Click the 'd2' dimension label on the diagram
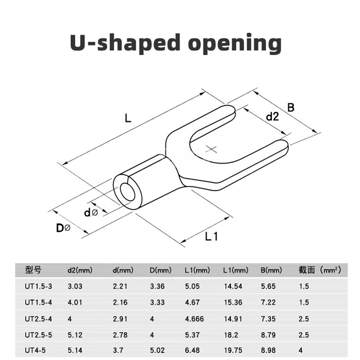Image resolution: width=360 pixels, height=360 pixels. click(x=272, y=117)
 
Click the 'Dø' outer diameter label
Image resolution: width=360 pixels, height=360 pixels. click(x=63, y=228)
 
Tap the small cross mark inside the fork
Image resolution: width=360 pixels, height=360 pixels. click(x=212, y=148)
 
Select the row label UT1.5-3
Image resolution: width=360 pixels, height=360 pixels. click(x=39, y=285)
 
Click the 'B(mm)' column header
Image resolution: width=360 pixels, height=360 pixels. click(x=271, y=270)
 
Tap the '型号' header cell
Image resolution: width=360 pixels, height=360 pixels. click(x=33, y=270)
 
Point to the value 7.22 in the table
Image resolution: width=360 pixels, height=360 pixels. click(x=268, y=302)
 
